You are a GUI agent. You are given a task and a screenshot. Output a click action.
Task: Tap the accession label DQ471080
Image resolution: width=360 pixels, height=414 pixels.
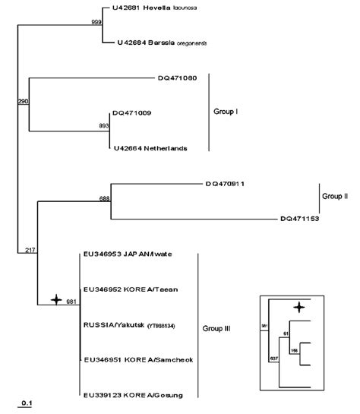point(177,77)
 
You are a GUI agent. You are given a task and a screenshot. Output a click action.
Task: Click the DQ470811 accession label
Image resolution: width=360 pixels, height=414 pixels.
point(224,183)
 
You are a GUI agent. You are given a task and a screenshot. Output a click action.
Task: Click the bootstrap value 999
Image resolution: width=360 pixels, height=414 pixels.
point(96,23)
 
